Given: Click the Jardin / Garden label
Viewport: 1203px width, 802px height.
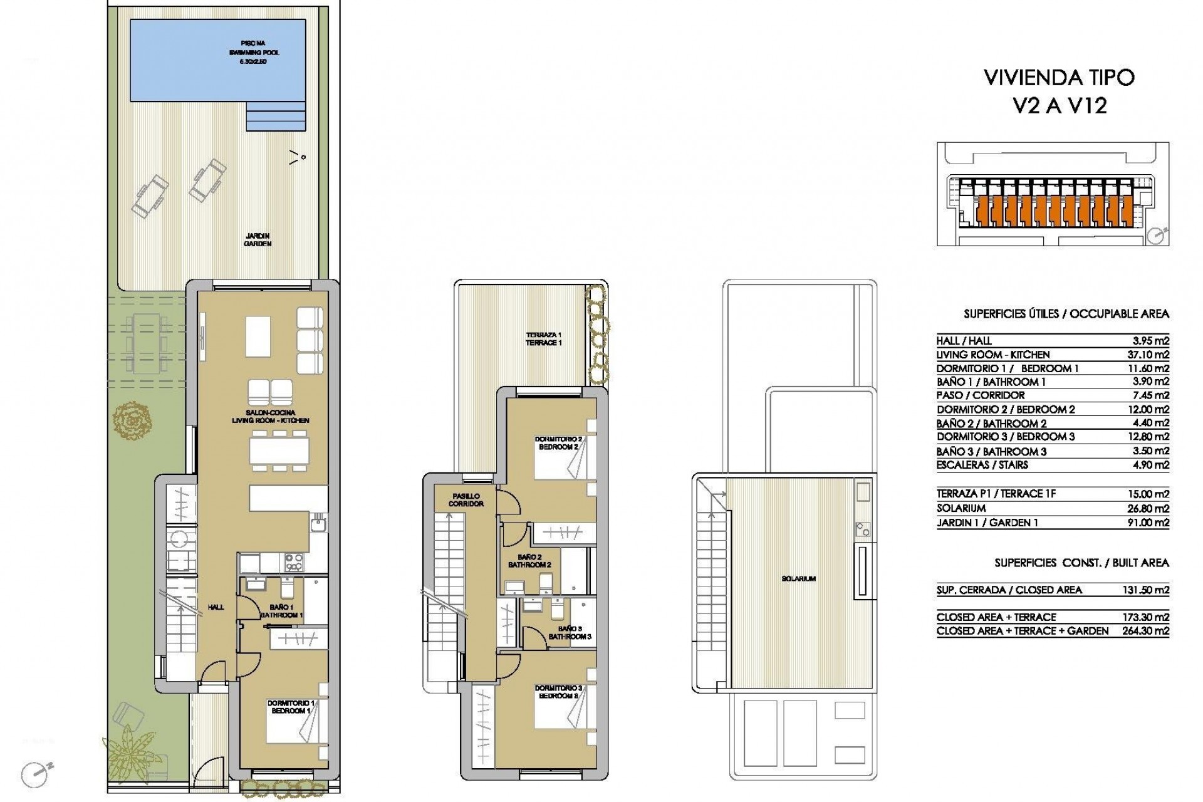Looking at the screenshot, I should click(258, 240).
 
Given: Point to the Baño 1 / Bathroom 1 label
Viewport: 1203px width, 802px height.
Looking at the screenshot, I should click(282, 611).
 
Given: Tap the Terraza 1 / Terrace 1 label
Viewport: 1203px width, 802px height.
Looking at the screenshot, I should click(543, 338).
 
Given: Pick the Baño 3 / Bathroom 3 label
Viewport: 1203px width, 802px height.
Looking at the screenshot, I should click(570, 632).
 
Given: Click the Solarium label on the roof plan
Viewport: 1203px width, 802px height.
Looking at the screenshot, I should click(799, 579).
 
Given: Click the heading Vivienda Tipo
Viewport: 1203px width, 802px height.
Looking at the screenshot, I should click(1060, 78).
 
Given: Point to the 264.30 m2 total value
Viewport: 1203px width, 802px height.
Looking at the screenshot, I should click(1146, 632).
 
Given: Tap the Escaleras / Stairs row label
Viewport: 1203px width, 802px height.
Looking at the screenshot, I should click(983, 465).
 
